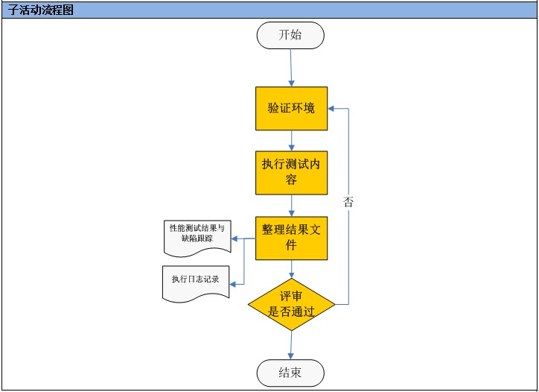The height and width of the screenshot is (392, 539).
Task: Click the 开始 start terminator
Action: [290, 36]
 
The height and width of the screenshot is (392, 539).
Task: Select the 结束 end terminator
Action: [290, 373]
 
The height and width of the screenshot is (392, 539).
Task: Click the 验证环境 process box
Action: [291, 108]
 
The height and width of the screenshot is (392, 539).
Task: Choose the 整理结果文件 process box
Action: [291, 238]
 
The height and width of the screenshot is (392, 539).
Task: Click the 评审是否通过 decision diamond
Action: [291, 304]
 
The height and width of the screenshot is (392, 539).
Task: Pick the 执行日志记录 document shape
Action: [195, 280]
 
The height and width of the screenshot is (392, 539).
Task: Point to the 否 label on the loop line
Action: [348, 201]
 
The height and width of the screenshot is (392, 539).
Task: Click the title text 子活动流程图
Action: [42, 10]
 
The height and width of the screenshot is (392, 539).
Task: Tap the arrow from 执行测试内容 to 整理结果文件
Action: [291, 205]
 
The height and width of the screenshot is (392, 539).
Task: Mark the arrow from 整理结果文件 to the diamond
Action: [291, 268]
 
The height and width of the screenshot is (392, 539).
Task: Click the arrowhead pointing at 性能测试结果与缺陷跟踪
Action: [234, 238]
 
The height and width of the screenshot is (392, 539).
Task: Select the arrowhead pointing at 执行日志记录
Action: [234, 283]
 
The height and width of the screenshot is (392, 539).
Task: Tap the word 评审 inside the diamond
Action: [291, 297]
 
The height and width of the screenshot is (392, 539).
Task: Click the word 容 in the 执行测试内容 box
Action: [291, 180]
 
